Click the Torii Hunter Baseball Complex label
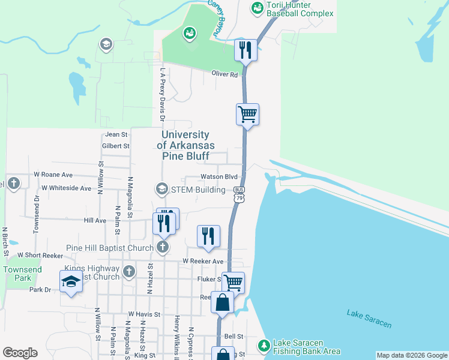(300, 8)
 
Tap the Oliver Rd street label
(224, 74)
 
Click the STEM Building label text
(198, 190)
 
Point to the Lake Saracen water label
(369, 319)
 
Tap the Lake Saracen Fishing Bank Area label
(307, 347)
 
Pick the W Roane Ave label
(53, 175)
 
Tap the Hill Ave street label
(95, 221)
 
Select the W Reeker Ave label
(203, 262)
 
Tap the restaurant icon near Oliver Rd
(246, 50)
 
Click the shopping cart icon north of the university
(247, 113)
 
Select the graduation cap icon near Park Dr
(70, 281)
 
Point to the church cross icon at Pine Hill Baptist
(162, 247)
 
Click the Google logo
(20, 353)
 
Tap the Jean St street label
(116, 135)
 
